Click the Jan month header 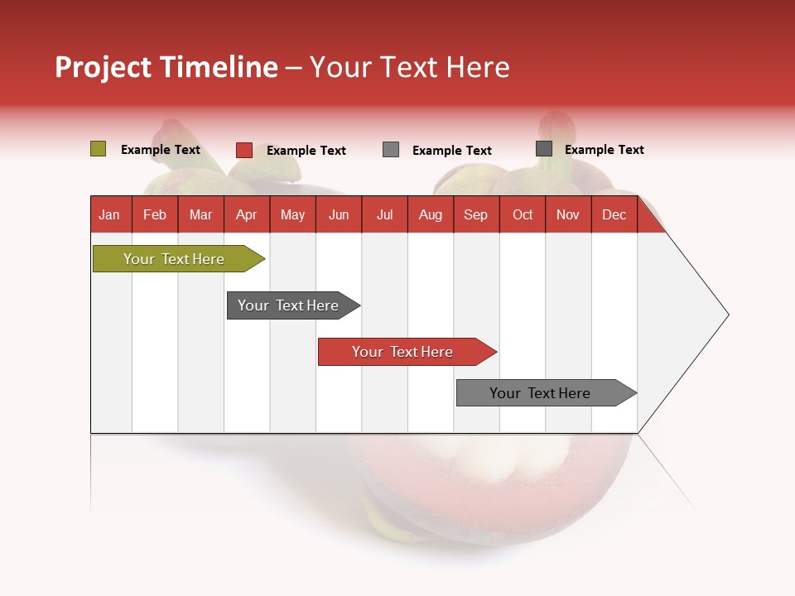pyautogui.click(x=110, y=214)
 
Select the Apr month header pyautogui.click(x=247, y=214)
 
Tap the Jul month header pyautogui.click(x=384, y=214)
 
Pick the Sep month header pyautogui.click(x=475, y=214)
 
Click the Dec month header pyautogui.click(x=614, y=214)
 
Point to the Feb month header pyautogui.click(x=155, y=214)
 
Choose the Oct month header pyautogui.click(x=523, y=214)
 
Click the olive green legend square pyautogui.click(x=99, y=149)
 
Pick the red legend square pyautogui.click(x=244, y=150)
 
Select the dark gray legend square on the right pyautogui.click(x=544, y=149)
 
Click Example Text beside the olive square pyautogui.click(x=161, y=150)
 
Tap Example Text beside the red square pyautogui.click(x=306, y=151)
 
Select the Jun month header pyautogui.click(x=339, y=214)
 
